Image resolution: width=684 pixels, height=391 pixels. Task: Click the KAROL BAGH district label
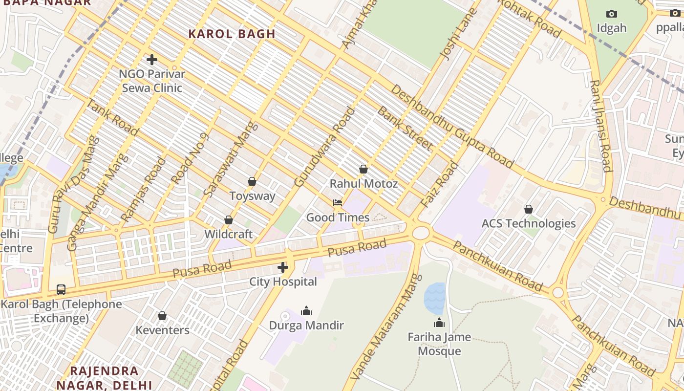tap(232, 34)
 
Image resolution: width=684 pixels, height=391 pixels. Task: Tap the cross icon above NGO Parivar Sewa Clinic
tap(152, 60)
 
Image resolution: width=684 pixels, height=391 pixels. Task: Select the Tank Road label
tap(113, 116)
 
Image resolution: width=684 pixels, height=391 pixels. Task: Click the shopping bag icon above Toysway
tap(252, 181)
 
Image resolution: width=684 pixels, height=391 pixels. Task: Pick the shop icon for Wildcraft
tap(229, 220)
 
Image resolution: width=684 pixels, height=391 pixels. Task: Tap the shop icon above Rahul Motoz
tap(363, 169)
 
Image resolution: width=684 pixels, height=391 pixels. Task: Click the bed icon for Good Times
tap(338, 203)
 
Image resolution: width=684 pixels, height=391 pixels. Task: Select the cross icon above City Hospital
tap(283, 267)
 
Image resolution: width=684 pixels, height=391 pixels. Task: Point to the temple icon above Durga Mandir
tap(306, 311)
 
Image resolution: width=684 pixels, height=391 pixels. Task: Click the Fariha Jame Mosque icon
tap(439, 323)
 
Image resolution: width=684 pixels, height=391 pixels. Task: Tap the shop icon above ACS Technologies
tap(529, 209)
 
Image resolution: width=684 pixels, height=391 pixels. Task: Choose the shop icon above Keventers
tap(162, 316)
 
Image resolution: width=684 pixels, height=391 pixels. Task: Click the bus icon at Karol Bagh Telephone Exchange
tap(61, 290)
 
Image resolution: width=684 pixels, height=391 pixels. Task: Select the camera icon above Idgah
tap(612, 14)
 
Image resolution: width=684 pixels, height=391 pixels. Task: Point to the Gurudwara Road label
tap(324, 147)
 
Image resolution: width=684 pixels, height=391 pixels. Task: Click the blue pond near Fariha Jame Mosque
tap(435, 298)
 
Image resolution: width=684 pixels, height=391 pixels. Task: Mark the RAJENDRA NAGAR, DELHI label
tap(104, 377)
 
